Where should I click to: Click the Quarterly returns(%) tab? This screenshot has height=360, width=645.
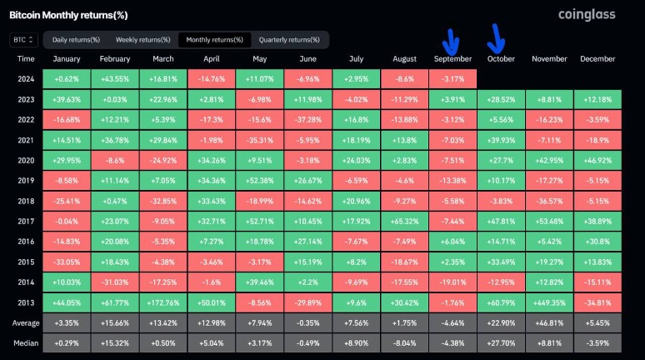click(289, 40)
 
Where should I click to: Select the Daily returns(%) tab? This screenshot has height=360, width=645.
click(76, 40)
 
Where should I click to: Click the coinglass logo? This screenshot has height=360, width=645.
click(587, 15)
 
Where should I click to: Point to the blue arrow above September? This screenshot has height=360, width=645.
click(451, 39)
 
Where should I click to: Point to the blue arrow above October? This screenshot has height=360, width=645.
click(497, 37)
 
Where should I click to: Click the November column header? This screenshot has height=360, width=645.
click(548, 59)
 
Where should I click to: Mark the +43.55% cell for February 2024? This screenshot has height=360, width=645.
click(115, 78)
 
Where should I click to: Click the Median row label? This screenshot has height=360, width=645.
click(26, 342)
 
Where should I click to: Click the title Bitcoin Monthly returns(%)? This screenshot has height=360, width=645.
click(67, 14)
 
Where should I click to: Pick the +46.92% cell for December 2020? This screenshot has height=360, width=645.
click(597, 158)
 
